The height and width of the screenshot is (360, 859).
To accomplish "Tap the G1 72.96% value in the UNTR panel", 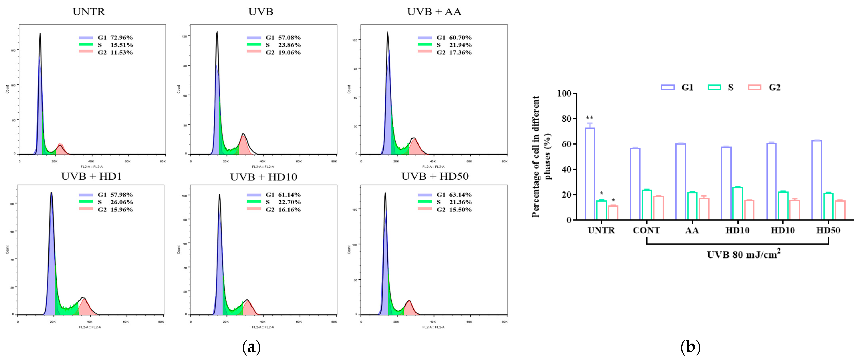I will (x=115, y=37).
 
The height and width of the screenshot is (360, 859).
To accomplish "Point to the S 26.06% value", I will (x=115, y=202).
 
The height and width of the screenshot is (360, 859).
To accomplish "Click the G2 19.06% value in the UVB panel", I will (x=283, y=52).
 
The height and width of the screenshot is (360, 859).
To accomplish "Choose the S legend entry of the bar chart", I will (x=720, y=87).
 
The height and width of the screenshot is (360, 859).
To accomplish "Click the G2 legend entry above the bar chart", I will (x=764, y=87).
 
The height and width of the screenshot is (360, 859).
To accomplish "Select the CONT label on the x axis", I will (x=646, y=230).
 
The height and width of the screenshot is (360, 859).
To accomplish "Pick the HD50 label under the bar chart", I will (x=828, y=230).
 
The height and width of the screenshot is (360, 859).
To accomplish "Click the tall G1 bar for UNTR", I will (x=590, y=174).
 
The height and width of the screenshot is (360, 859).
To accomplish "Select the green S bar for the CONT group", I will (x=647, y=204).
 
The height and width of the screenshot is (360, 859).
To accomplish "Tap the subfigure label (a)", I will (x=251, y=347).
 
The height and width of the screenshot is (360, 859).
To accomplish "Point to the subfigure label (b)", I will (x=690, y=347).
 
